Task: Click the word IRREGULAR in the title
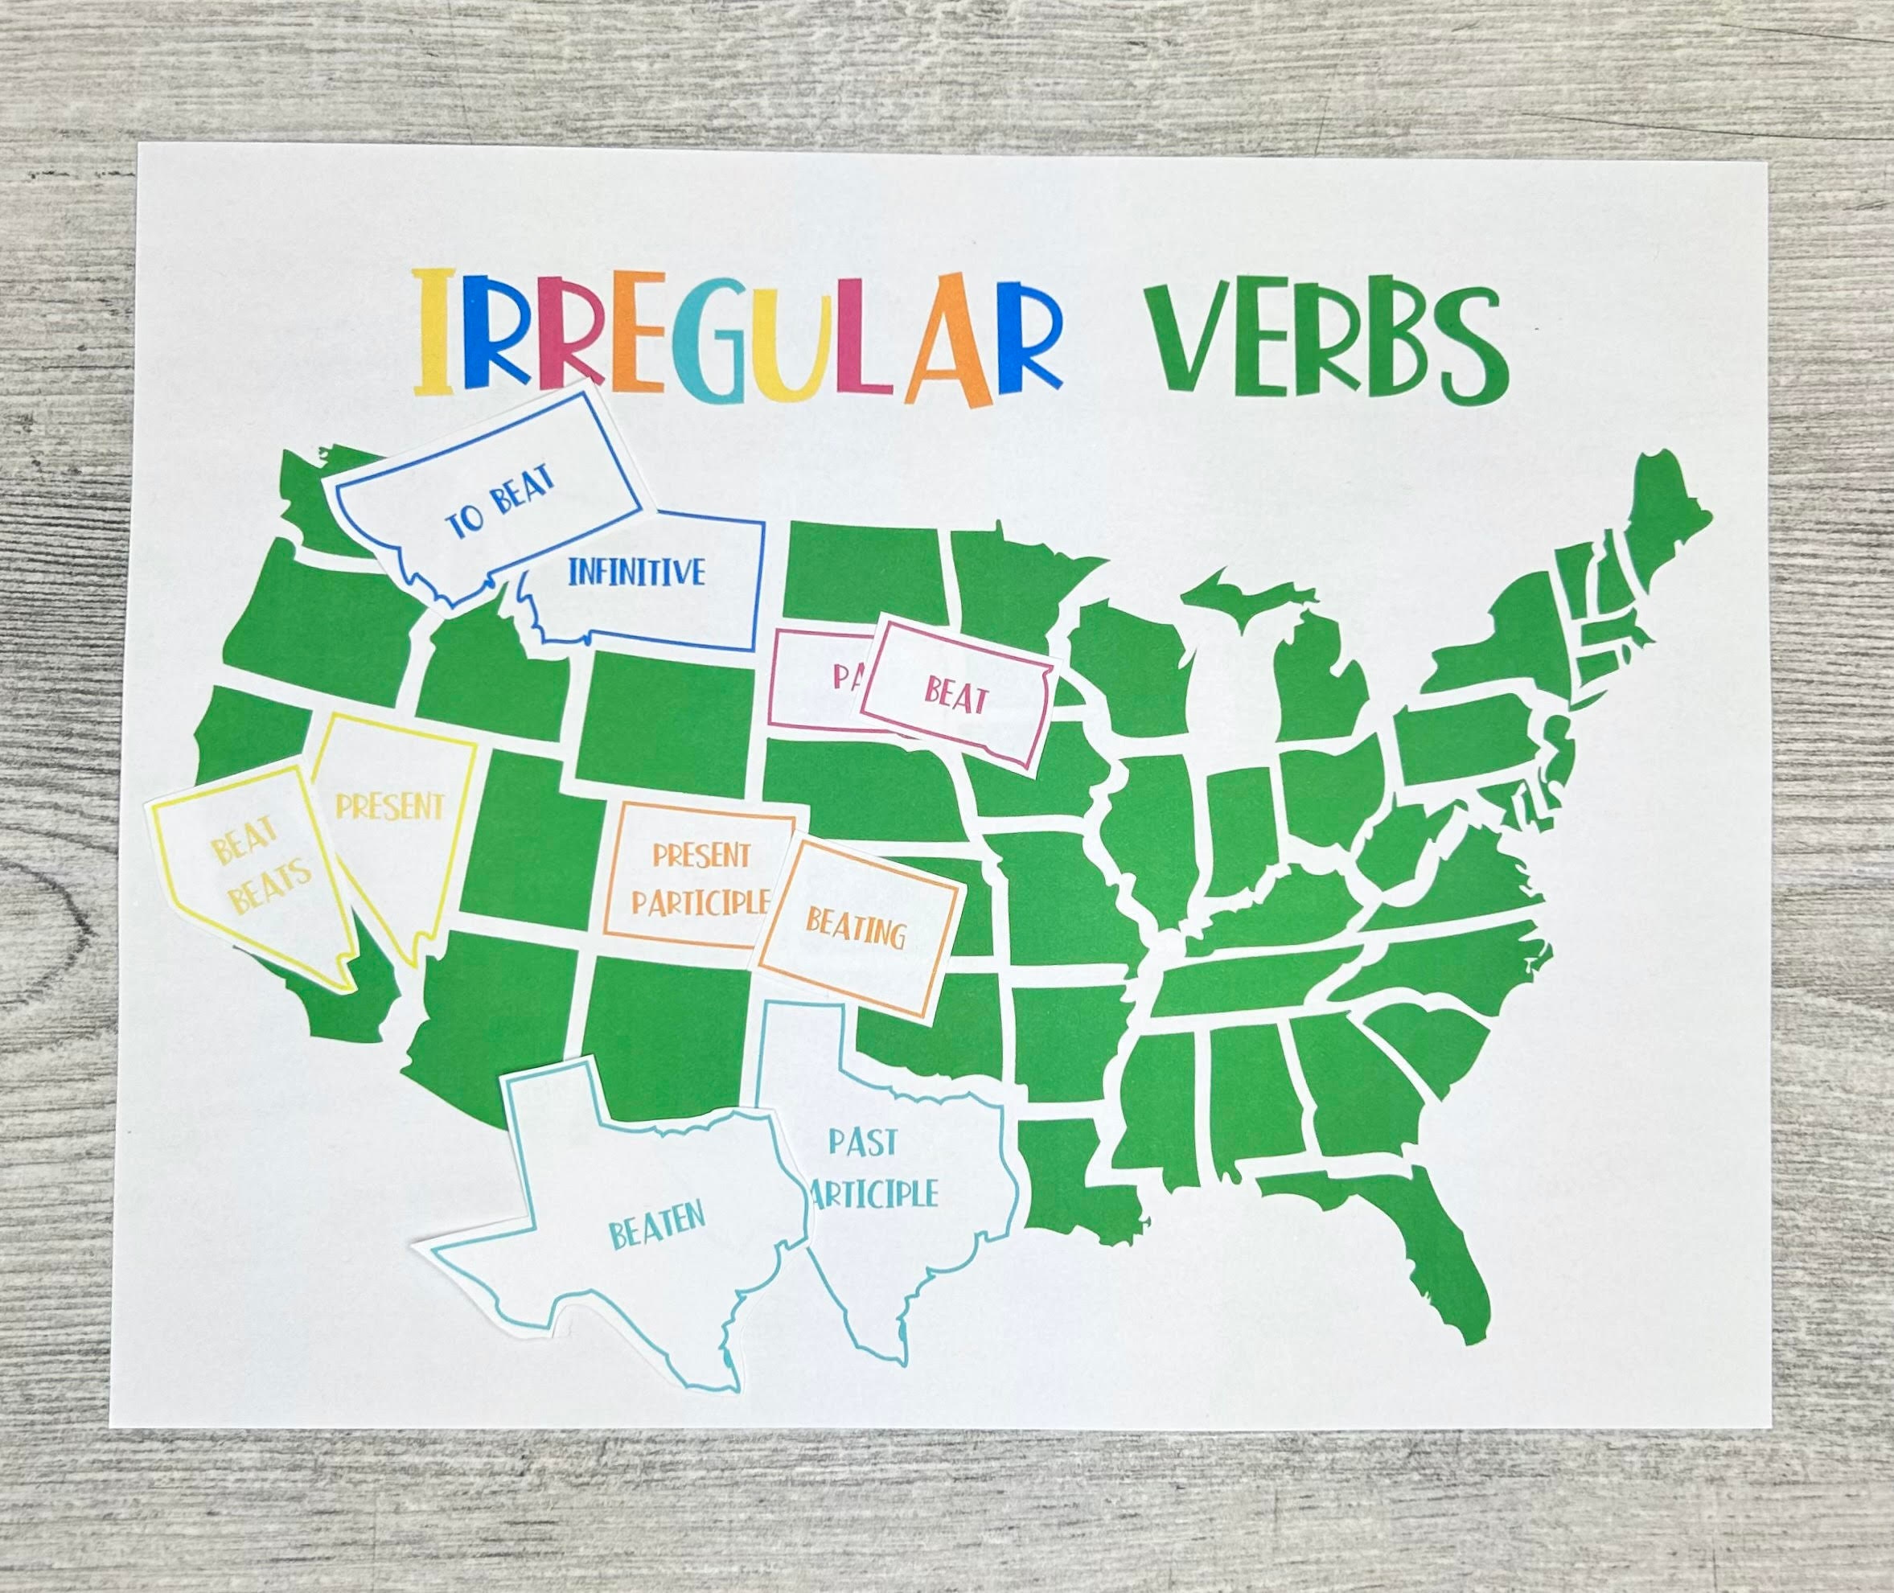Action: [736, 336]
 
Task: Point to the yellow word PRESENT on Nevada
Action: [390, 806]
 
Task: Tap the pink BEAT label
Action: [955, 696]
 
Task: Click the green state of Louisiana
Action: [1066, 1174]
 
